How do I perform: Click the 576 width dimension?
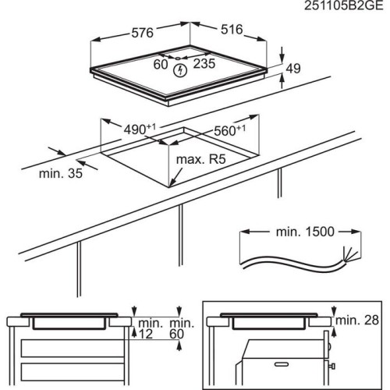141,31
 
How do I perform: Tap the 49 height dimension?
292,69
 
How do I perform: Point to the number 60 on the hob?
161,65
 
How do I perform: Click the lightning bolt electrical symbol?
183,71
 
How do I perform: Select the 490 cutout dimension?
136,129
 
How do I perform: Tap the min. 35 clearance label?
61,173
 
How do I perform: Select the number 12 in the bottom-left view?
146,333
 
